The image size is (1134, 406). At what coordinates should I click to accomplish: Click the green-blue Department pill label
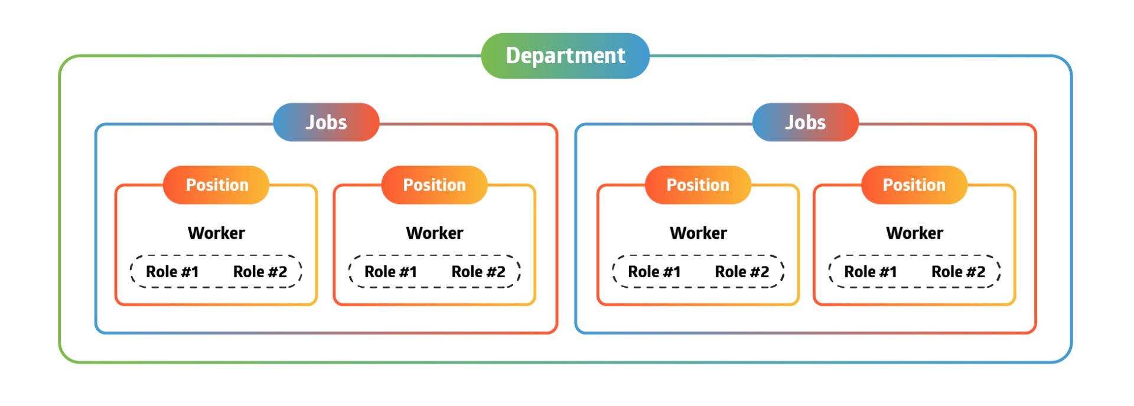coord(565,56)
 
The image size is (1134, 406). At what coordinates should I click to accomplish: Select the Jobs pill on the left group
coord(326,122)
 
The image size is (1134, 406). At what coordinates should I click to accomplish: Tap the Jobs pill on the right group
coord(805,122)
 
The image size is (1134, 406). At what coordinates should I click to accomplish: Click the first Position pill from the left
coord(217,185)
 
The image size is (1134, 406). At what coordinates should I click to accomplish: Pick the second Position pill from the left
coord(434,185)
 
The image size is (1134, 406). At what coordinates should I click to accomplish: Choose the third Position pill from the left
coord(698,185)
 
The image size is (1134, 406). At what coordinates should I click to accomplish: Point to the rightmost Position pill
coord(914,185)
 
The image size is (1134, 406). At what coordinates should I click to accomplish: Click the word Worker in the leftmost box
coord(216,233)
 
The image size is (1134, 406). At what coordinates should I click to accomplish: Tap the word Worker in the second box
coord(435,233)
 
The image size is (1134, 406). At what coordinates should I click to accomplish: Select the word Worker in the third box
coord(698,233)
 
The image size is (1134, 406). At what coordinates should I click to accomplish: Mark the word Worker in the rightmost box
coord(914,233)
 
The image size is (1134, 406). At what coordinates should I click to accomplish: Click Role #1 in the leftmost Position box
coord(172,272)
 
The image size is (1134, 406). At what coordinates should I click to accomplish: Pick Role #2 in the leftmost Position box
coord(260,272)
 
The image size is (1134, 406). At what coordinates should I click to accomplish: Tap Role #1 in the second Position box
coord(390,272)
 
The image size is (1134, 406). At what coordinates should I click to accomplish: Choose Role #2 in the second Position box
coord(478,272)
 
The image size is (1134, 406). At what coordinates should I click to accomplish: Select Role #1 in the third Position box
coord(654,272)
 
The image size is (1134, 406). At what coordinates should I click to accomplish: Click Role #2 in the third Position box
coord(742,272)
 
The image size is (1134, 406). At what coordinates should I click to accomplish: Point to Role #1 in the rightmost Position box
coord(870,272)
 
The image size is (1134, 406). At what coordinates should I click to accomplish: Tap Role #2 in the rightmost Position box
coord(958,272)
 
